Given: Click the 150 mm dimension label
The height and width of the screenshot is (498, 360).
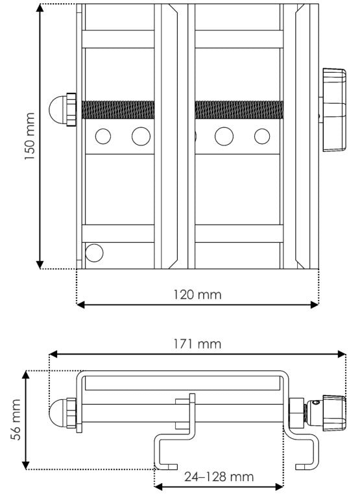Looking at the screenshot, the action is pos(29,136).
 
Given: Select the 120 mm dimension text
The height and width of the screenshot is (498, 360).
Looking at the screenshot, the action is pos(197,295).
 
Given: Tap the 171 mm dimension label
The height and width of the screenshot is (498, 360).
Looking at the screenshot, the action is pos(197,344).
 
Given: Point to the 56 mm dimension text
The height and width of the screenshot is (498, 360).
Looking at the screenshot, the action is pos(16,419).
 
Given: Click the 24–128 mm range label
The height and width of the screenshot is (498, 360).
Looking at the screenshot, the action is pos(219,477).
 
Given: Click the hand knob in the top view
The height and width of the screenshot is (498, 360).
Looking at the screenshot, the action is pos(333,110).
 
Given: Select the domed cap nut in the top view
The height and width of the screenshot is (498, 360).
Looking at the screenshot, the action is pos(62,110).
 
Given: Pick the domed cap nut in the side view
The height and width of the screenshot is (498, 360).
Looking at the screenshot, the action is pos(62,413).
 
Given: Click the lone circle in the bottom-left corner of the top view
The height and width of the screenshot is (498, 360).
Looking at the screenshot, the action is pos(94,253).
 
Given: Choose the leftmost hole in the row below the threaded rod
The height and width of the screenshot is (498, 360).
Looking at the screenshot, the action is pos(103,136).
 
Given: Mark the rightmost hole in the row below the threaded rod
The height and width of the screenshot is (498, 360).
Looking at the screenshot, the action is pos(262,136).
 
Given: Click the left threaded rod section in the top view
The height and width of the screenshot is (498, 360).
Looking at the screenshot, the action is pos(118,110).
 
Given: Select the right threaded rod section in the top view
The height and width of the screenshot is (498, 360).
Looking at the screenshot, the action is pos(239,110).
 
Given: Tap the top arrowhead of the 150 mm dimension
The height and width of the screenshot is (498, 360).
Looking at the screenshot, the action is pos(40,8).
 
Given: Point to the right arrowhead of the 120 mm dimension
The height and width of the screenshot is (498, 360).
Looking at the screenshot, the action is pos(315,305).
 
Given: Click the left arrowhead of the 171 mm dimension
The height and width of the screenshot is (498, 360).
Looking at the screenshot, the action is pos(53,354).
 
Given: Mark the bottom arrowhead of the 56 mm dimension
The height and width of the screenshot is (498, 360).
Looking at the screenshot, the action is pos(26,466).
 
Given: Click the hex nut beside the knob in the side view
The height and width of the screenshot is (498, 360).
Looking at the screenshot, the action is pos(296,413).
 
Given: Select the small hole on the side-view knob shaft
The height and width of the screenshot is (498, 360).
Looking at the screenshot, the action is pos(315,403).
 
